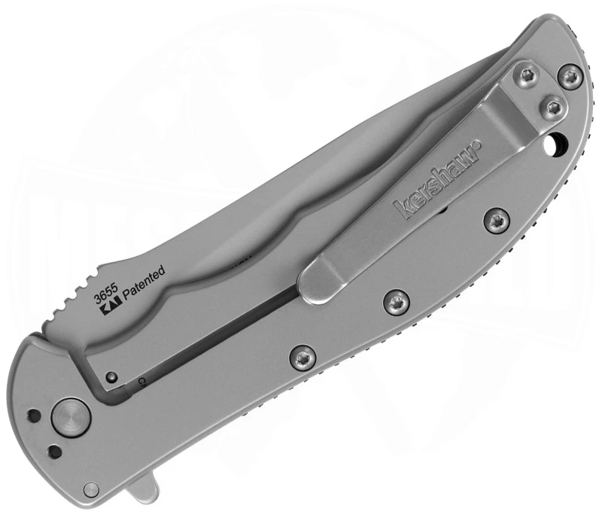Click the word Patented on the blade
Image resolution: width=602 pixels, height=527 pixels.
point(143,287)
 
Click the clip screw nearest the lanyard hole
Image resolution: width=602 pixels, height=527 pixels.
point(553,105)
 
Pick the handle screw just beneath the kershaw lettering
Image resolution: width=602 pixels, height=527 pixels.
point(496,220)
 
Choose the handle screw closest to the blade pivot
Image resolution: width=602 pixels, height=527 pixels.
point(301,354)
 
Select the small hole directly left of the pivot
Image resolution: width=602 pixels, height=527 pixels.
point(33,415)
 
